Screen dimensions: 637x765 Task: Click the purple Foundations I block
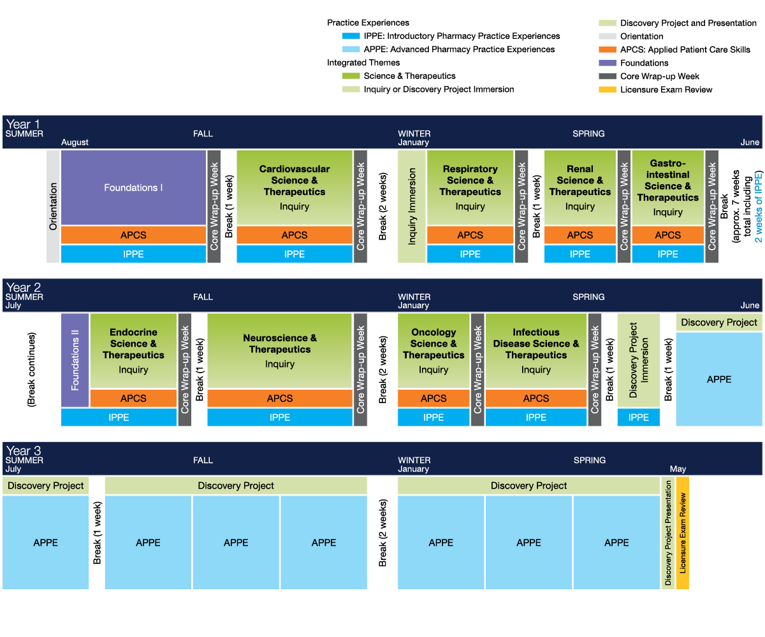click(x=133, y=187)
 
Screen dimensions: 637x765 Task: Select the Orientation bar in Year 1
click(x=53, y=206)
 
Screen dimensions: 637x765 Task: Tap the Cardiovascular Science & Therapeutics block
click(x=294, y=187)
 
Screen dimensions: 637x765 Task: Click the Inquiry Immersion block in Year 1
click(x=412, y=206)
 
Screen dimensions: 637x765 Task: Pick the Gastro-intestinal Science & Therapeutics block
click(x=667, y=187)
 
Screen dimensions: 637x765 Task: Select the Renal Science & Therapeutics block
click(x=579, y=187)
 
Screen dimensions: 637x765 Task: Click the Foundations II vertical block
click(x=75, y=360)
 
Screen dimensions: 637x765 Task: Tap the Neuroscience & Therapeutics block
click(x=279, y=350)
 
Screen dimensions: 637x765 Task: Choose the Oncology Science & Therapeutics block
click(x=433, y=350)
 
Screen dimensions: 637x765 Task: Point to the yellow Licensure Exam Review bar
click(x=682, y=533)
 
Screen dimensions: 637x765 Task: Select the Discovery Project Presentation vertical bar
click(x=667, y=533)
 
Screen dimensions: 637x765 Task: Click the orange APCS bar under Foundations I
click(x=133, y=235)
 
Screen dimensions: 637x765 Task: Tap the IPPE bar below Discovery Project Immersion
click(x=638, y=417)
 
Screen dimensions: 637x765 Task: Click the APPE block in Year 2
click(x=719, y=379)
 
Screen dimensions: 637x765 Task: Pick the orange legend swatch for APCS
click(x=608, y=50)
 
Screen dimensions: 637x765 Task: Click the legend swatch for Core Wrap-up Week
click(x=608, y=76)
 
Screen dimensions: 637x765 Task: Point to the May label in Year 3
click(x=678, y=469)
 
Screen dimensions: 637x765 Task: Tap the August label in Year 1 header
click(x=75, y=142)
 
